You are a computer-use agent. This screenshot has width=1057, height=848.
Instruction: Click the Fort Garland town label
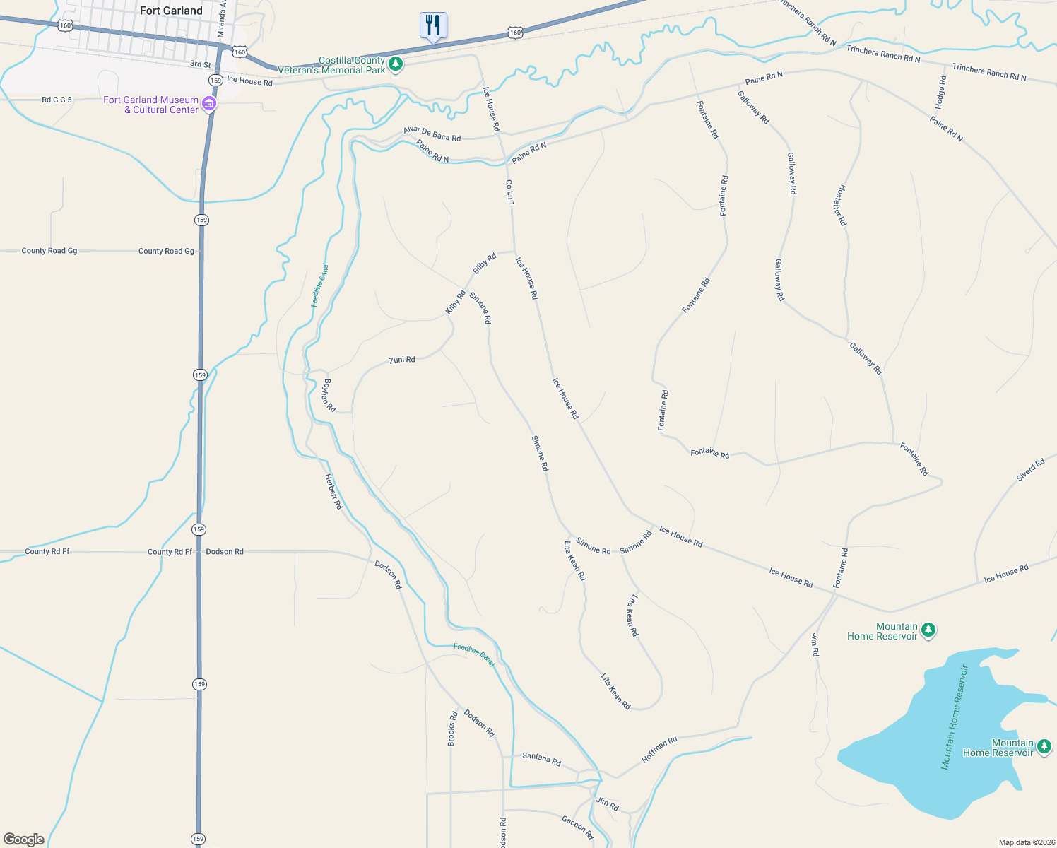(x=171, y=11)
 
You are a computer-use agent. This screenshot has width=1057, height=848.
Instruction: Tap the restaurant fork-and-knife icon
(x=433, y=25)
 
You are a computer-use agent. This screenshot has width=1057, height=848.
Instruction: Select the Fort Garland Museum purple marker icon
(x=208, y=105)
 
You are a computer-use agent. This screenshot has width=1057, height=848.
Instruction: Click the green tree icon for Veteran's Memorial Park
(x=396, y=65)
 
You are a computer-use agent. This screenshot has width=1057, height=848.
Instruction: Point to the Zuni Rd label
(x=402, y=360)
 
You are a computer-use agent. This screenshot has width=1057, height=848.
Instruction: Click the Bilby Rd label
(x=484, y=264)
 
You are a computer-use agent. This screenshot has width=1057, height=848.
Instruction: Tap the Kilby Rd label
(x=455, y=302)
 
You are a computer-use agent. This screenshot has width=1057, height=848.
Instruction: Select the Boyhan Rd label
(x=328, y=396)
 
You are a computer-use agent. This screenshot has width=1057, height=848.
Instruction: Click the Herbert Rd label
(x=333, y=491)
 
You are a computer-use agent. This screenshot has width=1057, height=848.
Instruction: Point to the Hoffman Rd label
(x=659, y=750)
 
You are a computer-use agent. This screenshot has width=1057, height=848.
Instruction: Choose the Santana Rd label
(x=541, y=759)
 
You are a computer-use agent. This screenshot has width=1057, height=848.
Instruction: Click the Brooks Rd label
(x=451, y=729)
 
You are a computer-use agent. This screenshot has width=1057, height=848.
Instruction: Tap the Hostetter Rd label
(x=839, y=205)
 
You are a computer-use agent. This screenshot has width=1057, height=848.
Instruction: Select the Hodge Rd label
(x=940, y=92)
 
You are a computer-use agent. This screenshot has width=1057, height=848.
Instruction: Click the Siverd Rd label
(x=1030, y=471)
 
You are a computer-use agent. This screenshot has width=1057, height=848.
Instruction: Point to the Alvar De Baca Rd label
(x=432, y=134)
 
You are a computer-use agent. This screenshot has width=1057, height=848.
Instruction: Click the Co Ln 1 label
(x=509, y=192)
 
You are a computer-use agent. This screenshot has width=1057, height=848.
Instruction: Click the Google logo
(x=24, y=840)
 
